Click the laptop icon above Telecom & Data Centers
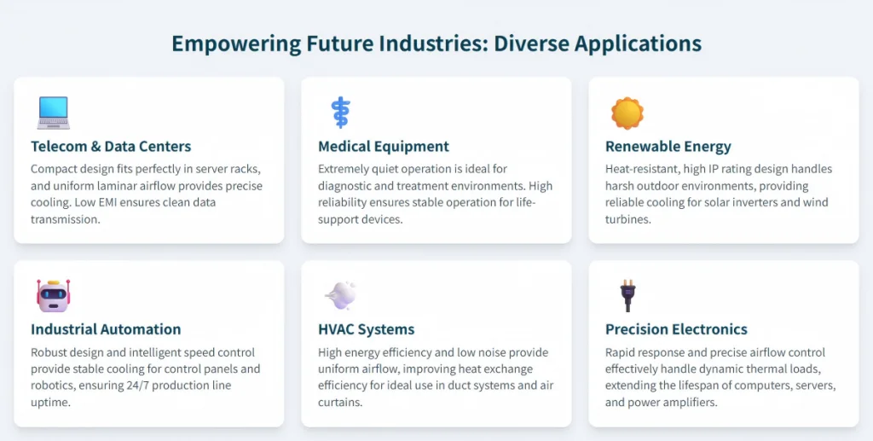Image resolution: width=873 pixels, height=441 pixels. pyautogui.click(x=54, y=113)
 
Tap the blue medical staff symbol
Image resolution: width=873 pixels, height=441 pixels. pyautogui.click(x=340, y=113)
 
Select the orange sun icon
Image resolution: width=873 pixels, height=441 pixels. pyautogui.click(x=627, y=113)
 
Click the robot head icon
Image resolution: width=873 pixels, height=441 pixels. pyautogui.click(x=54, y=296)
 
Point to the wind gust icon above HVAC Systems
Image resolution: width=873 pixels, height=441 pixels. pyautogui.click(x=341, y=295)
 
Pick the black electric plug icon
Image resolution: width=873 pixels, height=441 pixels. pyautogui.click(x=628, y=296)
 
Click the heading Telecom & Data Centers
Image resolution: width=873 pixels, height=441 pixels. pyautogui.click(x=111, y=147)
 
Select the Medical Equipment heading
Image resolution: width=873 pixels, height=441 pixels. pyautogui.click(x=384, y=147)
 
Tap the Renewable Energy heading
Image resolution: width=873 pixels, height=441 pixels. pyautogui.click(x=668, y=147)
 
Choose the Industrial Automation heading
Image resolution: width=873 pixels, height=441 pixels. pyautogui.click(x=106, y=329)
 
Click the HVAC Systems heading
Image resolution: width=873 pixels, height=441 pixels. pyautogui.click(x=367, y=329)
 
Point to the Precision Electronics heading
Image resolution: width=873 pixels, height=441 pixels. pyautogui.click(x=676, y=329)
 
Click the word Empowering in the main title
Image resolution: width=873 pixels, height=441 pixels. pyautogui.click(x=237, y=44)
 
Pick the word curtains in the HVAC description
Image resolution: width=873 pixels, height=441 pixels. pyautogui.click(x=339, y=402)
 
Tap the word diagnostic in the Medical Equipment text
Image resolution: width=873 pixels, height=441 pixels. pyautogui.click(x=344, y=186)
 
